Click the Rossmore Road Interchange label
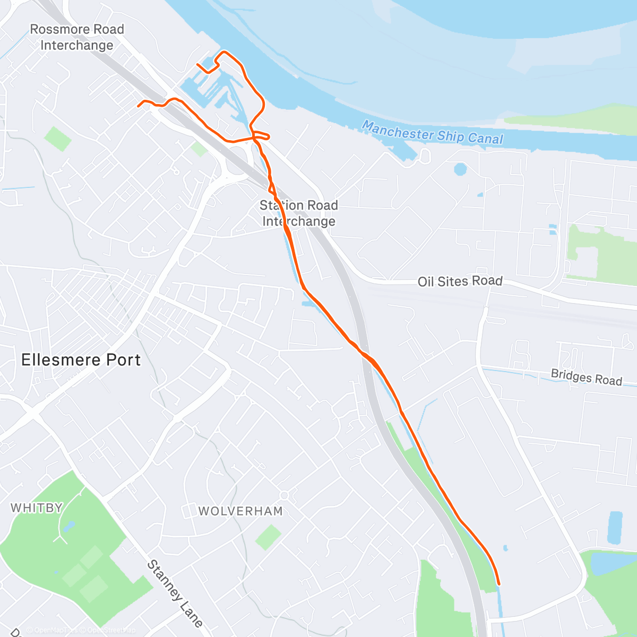coord(77,37)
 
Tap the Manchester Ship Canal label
coord(433,132)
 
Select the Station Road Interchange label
coord(299,213)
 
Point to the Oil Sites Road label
coord(460,281)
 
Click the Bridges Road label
coord(586,377)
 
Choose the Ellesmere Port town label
coord(81,360)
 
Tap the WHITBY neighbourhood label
coord(37,508)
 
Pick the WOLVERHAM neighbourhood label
coord(240,511)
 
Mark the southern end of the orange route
coord(499,583)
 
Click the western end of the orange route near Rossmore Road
coord(139,106)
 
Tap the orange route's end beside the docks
coord(197,65)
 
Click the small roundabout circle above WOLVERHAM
coord(284,495)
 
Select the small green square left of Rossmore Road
coord(57,139)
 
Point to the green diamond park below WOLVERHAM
coord(269,537)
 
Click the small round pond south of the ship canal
coord(460,169)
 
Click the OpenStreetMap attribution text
coord(111,630)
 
